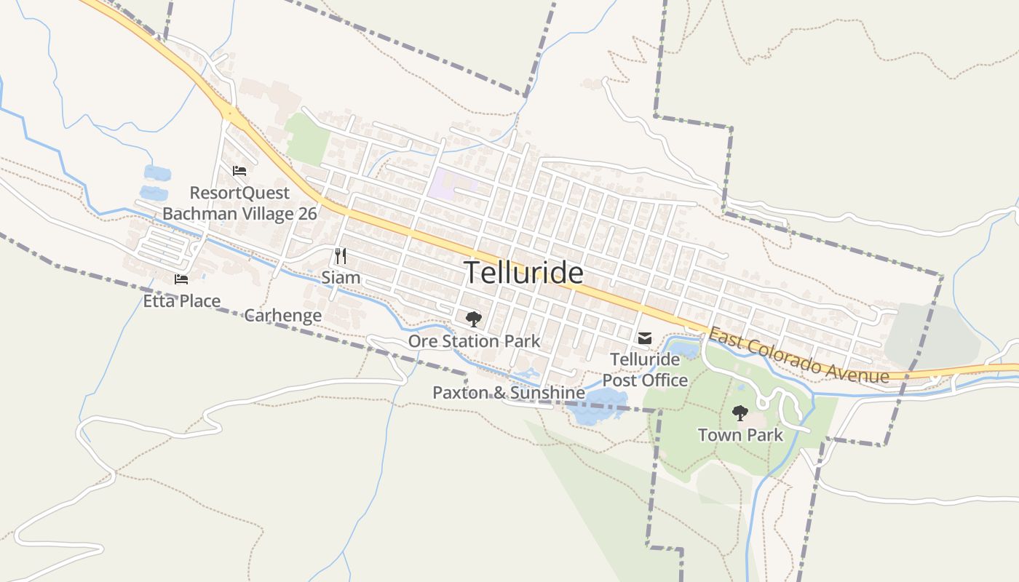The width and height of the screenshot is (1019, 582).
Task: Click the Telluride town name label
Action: [523, 273]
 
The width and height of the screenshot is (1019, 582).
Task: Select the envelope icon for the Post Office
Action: [645, 338]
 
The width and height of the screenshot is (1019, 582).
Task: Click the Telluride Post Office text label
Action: [645, 370]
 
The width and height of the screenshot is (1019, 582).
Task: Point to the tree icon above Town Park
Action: [740, 413]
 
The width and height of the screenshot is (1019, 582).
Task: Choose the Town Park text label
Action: [740, 435]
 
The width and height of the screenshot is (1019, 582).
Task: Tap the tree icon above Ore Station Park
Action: [474, 319]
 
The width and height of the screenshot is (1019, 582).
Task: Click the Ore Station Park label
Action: [474, 340]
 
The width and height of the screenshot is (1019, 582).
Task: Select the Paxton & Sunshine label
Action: [508, 393]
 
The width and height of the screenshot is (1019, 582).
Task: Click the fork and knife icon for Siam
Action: [340, 255]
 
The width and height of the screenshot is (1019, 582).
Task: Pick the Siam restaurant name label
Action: [341, 277]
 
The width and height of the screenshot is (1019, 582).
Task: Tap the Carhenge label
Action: [282, 315]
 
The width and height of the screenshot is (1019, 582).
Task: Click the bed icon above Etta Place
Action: [181, 279]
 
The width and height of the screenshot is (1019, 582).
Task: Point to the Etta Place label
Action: [181, 300]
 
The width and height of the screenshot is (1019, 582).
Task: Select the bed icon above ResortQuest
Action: [239, 171]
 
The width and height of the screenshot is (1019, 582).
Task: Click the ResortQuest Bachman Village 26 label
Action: [239, 203]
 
